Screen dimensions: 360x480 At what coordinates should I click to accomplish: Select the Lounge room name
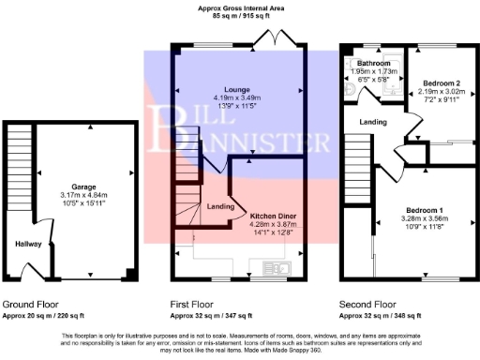[238, 89]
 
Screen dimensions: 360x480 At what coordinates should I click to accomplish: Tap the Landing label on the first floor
[219, 205]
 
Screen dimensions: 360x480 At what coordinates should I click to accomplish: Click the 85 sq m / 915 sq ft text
[238, 16]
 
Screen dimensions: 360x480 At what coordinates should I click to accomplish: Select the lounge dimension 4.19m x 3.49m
[238, 97]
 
